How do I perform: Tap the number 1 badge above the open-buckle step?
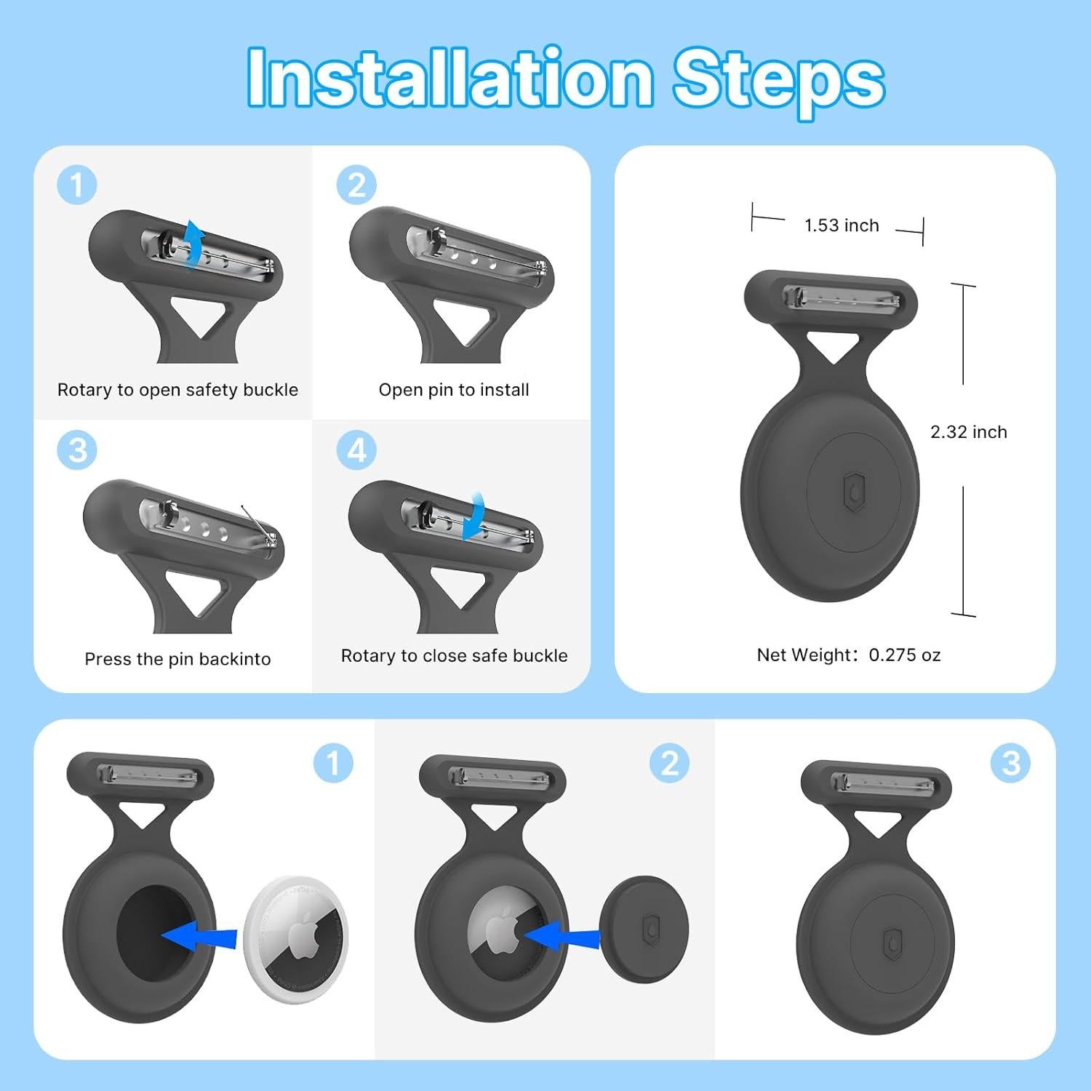(x=77, y=185)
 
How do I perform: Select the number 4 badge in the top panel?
(x=356, y=450)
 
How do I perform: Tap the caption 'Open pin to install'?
(x=454, y=390)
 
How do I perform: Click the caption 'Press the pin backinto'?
(x=177, y=659)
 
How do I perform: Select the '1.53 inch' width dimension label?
(x=842, y=225)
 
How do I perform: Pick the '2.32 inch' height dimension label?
(x=969, y=432)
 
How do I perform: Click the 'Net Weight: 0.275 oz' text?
(x=849, y=655)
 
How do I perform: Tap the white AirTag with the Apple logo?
(x=296, y=934)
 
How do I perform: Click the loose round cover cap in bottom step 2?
(x=644, y=930)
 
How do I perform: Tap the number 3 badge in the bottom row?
(x=1011, y=763)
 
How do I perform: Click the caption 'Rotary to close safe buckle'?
(x=455, y=656)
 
